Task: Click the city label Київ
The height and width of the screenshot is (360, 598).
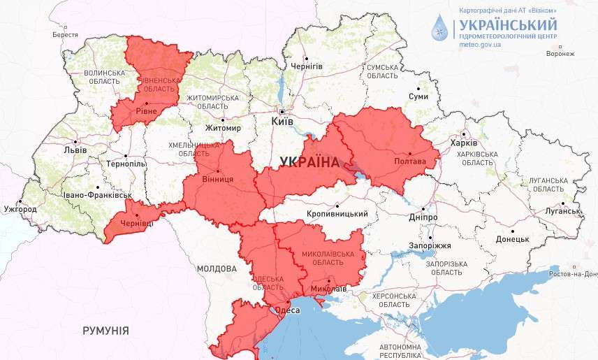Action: click(x=282, y=122)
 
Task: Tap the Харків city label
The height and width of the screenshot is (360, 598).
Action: click(x=464, y=143)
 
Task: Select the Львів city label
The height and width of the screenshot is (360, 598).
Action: click(x=75, y=150)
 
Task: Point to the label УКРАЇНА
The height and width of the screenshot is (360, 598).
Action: click(x=309, y=162)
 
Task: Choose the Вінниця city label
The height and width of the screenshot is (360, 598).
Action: click(x=218, y=179)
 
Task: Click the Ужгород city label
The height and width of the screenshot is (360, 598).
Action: click(x=20, y=209)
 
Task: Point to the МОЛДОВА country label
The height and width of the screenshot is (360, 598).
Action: click(x=216, y=268)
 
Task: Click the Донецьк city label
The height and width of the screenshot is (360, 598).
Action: click(x=512, y=239)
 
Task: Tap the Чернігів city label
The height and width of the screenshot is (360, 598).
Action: click(x=307, y=66)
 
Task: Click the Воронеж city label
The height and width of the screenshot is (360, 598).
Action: click(x=560, y=54)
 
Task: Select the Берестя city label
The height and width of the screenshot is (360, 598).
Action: click(x=65, y=34)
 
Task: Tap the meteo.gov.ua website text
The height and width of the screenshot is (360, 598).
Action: click(x=480, y=44)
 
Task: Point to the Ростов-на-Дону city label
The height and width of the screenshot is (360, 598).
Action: click(x=574, y=273)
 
